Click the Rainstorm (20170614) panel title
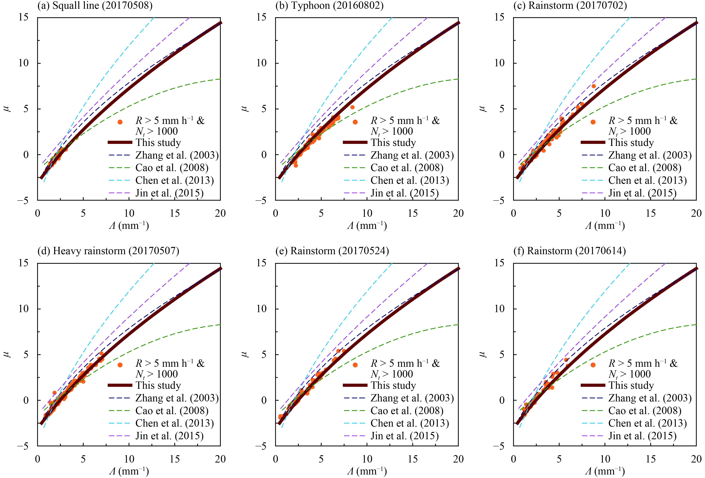click(569, 251)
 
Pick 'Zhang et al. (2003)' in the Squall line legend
click(177, 155)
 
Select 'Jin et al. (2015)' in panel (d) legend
click(169, 436)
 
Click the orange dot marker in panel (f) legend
click(593, 365)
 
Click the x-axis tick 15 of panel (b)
click(413, 213)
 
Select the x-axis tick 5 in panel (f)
click(559, 459)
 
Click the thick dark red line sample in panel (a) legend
click(120, 142)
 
